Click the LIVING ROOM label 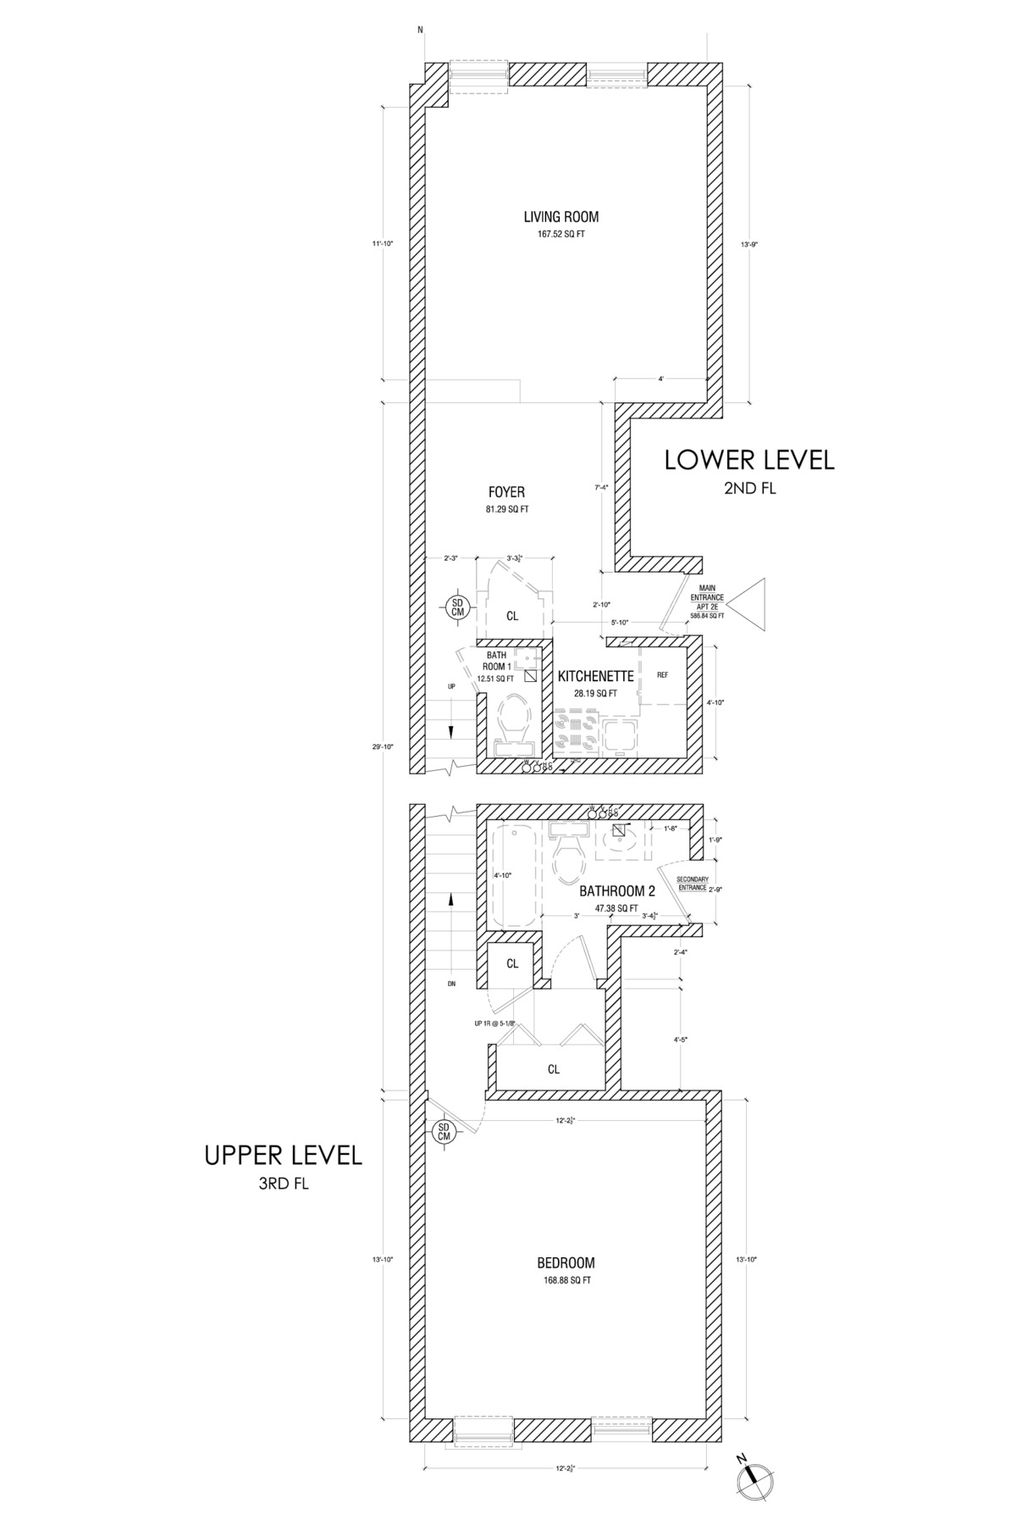pos(555,216)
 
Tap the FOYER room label pos(506,492)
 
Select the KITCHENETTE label pos(595,676)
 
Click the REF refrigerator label pos(663,675)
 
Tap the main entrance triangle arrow pos(748,604)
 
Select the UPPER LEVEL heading pos(284,1156)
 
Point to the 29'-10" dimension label pos(389,746)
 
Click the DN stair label pos(451,984)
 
